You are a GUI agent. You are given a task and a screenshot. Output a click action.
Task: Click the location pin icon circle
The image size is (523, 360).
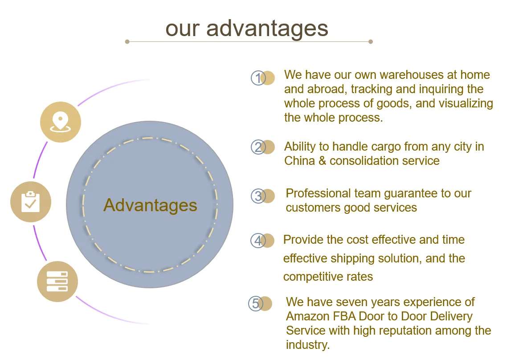[x=61, y=122]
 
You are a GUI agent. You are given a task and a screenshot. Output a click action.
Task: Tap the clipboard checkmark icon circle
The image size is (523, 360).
[x=31, y=202]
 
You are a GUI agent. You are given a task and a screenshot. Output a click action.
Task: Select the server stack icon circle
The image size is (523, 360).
[x=57, y=282]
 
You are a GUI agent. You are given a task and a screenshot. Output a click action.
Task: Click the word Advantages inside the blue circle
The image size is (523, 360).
[x=150, y=205]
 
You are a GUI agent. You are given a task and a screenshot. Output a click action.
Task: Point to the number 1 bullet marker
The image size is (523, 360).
[x=259, y=78]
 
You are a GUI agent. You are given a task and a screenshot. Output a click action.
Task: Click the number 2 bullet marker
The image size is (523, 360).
[x=259, y=147]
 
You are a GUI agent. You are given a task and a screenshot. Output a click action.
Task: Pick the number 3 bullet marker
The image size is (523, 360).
[x=259, y=196]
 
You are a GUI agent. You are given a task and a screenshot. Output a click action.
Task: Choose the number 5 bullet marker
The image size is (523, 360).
[x=256, y=303]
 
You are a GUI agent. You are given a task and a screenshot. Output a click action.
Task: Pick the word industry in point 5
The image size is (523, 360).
[x=306, y=345]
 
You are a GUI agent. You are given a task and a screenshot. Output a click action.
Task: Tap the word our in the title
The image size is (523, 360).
[x=183, y=29]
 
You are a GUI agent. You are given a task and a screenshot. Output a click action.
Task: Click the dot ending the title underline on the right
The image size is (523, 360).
[x=371, y=42]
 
